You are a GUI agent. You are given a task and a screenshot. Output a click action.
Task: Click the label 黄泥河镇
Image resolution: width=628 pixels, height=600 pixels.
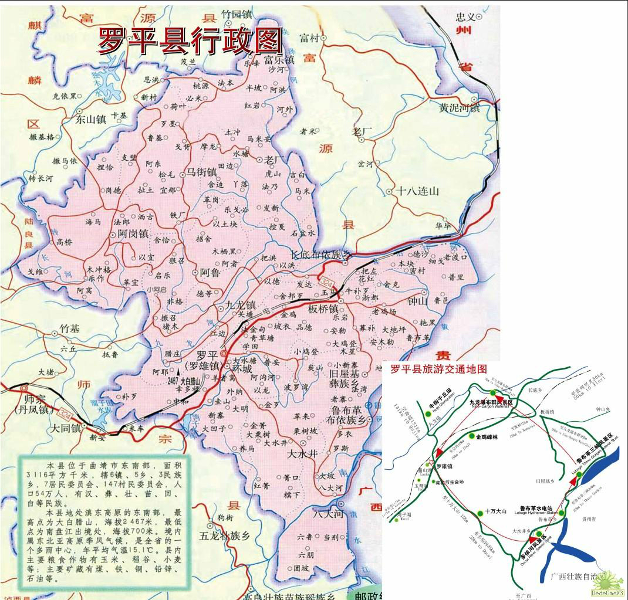coord(459,108)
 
